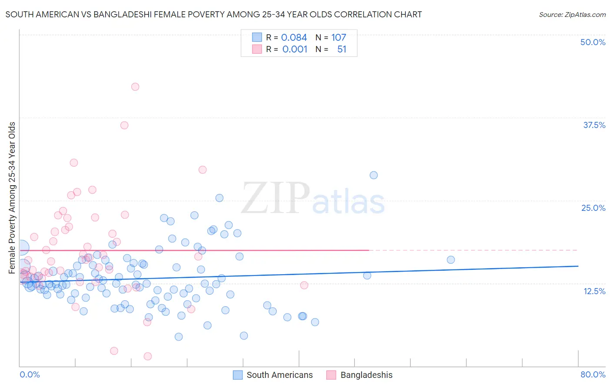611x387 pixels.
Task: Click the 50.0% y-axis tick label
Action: coord(593,42)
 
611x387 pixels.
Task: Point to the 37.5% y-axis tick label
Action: coord(594,125)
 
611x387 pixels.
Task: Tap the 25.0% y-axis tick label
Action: coord(593,208)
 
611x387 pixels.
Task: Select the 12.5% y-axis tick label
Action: coord(594,291)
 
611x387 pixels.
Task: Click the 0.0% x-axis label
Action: coord(30,374)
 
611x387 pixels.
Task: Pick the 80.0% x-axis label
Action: coord(593,374)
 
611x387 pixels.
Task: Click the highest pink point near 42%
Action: coord(135,87)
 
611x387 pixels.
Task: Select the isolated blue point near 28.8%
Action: coord(374,175)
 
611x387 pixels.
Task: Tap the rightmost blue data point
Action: coord(451,260)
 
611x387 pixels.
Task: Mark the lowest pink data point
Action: coord(148,356)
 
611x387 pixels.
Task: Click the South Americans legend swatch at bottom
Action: coord(238,375)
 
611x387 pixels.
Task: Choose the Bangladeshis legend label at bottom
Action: coord(366,375)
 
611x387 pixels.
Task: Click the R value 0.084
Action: coord(294,38)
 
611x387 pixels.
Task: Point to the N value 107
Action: coord(339,38)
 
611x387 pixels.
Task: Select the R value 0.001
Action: coord(295,49)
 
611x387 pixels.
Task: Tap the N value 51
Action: coord(342,49)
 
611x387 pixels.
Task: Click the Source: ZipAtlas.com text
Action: coord(572,15)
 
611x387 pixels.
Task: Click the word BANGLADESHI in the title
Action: coord(124,15)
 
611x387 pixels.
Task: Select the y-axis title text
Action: coord(12,198)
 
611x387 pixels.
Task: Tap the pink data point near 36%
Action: coord(124,125)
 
